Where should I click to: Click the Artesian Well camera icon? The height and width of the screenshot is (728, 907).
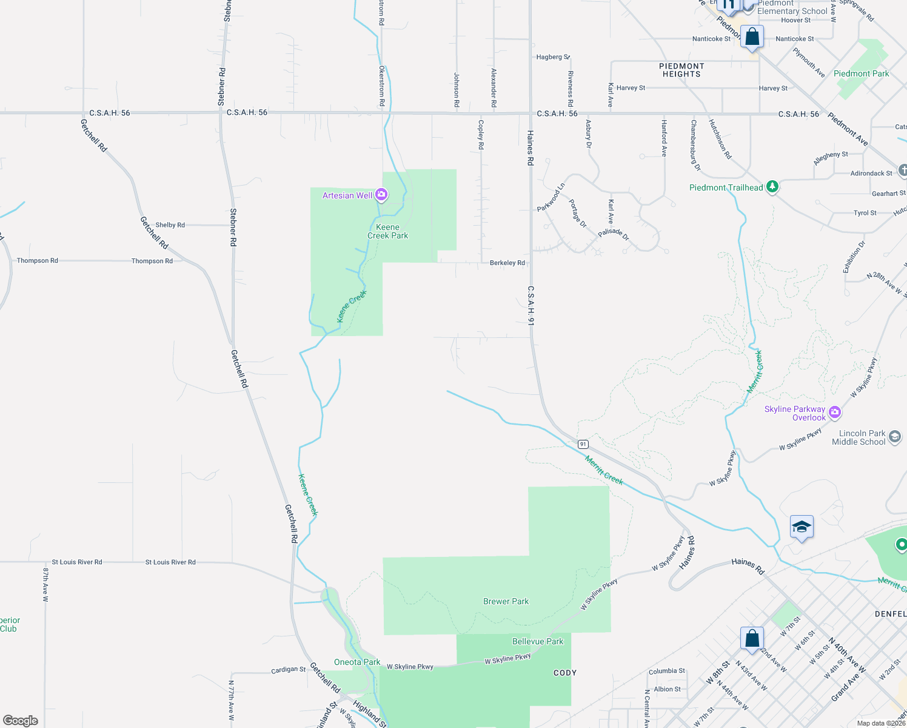click(x=381, y=195)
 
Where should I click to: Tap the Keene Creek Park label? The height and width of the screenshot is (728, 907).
click(x=388, y=231)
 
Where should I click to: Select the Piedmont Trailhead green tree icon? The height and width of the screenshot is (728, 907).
click(x=772, y=186)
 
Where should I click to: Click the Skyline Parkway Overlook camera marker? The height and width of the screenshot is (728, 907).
click(x=835, y=413)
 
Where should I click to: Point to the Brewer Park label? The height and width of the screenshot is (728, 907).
click(x=506, y=601)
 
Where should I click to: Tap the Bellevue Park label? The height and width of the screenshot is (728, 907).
click(x=538, y=641)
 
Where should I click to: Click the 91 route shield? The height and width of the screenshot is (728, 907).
click(x=583, y=444)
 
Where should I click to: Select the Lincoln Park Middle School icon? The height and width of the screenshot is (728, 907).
click(x=894, y=437)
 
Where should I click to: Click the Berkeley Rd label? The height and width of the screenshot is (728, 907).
click(x=507, y=263)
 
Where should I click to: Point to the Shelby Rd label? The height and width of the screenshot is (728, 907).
click(x=170, y=225)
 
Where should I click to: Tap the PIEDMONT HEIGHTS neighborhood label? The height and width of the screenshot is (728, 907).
click(x=681, y=70)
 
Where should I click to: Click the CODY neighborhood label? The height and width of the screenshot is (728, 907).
click(x=565, y=673)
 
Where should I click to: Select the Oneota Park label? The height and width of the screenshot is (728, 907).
click(x=357, y=662)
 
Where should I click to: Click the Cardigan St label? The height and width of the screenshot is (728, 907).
click(x=288, y=670)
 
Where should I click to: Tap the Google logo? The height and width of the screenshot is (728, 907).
click(x=21, y=720)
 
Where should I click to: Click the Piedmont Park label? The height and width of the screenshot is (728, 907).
click(x=861, y=73)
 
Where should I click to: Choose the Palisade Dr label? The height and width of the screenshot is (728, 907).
click(x=614, y=233)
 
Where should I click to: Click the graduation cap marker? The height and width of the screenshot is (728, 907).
click(x=801, y=527)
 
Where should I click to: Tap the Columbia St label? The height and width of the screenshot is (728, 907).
click(x=666, y=671)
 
